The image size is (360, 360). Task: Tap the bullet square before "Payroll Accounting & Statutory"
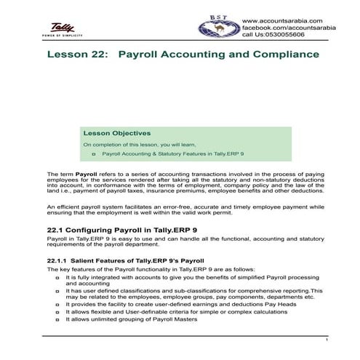click(x=95, y=155)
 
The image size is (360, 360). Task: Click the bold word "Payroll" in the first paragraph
click(x=86, y=175)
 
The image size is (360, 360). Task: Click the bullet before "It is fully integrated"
click(x=57, y=279)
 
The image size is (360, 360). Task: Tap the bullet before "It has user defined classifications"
click(x=57, y=291)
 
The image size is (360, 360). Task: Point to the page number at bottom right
click(x=327, y=340)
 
